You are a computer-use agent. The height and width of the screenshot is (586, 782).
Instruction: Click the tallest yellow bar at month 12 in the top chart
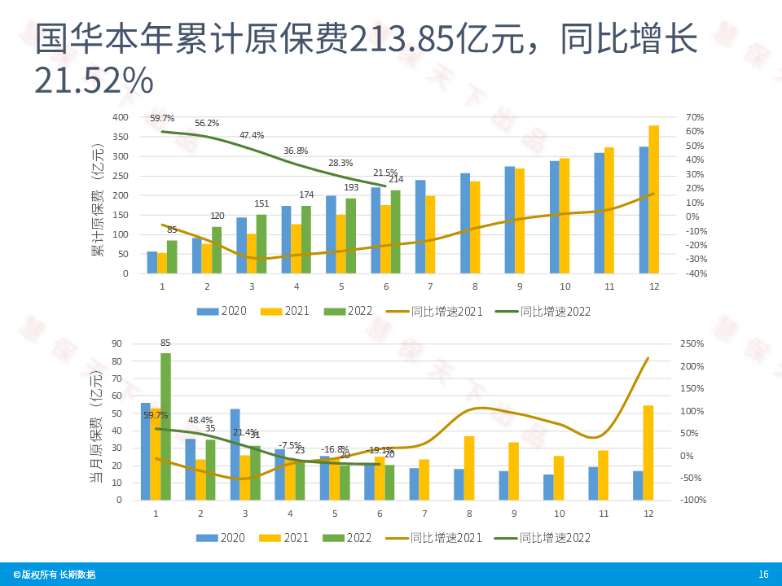[653, 200]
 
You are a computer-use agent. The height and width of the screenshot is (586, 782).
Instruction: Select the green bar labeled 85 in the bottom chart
[165, 426]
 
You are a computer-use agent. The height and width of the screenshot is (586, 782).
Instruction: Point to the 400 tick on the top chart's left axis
[120, 117]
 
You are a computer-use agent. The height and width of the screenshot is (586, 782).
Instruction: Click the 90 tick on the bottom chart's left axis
[116, 344]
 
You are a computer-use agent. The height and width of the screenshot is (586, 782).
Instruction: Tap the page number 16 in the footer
[763, 575]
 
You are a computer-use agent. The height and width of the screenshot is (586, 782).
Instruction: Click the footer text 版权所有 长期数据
[51, 575]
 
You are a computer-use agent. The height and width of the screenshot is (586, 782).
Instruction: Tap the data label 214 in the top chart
[396, 179]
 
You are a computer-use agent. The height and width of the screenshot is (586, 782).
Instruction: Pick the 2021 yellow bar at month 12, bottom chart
[648, 453]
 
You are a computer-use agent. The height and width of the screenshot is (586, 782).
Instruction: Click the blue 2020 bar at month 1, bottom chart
[146, 451]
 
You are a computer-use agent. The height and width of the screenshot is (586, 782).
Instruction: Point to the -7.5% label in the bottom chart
[291, 444]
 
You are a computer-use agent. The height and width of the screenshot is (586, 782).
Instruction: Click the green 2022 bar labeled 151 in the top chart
[261, 244]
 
